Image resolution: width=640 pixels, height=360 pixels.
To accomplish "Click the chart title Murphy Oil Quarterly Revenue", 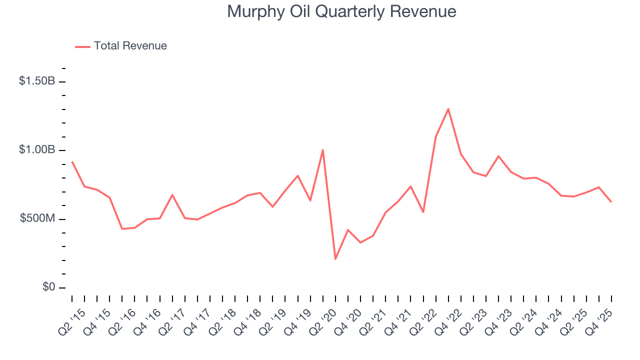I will [x=341, y=11].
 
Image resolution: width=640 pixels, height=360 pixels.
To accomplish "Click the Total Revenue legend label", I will [x=130, y=46].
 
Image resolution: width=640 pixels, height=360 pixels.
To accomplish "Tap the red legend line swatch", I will [x=82, y=46].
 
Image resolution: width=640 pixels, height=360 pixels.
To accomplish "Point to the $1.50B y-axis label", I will [x=37, y=81].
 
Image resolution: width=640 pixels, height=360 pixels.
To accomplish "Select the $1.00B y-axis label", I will [x=37, y=150].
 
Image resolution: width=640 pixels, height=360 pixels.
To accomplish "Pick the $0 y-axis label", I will [x=48, y=287].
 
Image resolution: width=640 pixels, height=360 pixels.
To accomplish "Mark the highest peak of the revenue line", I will [x=448, y=108].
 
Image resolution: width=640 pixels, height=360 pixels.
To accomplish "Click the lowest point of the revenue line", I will [x=335, y=259].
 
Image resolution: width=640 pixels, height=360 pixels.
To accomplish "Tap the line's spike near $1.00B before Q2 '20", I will [x=323, y=150].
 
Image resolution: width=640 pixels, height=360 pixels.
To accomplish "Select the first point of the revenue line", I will [x=72, y=161].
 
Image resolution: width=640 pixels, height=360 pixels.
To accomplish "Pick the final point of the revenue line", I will [x=611, y=201].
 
